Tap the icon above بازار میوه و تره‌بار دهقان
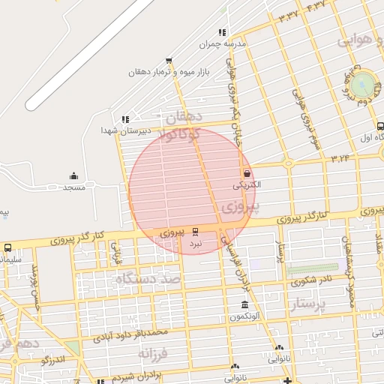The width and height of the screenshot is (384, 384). pos(168,61)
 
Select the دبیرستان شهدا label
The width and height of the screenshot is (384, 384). pos(126,130)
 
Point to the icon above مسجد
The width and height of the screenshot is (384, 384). pos(73,175)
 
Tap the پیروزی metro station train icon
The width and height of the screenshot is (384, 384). pos(196,231)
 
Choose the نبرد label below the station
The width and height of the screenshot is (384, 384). pos(195,244)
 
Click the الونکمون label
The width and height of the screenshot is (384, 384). pos(245,316)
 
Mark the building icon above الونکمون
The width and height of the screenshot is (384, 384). pos(245,304)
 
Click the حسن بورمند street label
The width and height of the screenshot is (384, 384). pos(34,288)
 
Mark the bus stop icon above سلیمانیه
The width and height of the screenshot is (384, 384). pos(7,247)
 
